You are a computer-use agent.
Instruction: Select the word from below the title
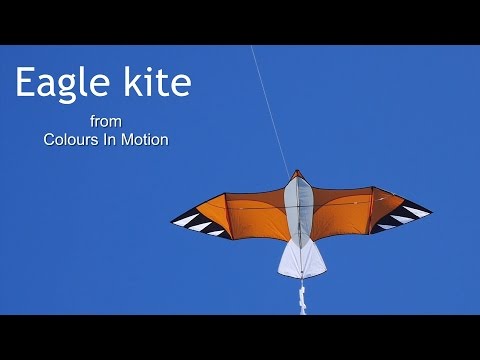105,121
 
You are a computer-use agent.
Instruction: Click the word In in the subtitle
113,140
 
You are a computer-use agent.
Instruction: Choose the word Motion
146,140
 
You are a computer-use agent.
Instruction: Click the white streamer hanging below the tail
300,297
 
